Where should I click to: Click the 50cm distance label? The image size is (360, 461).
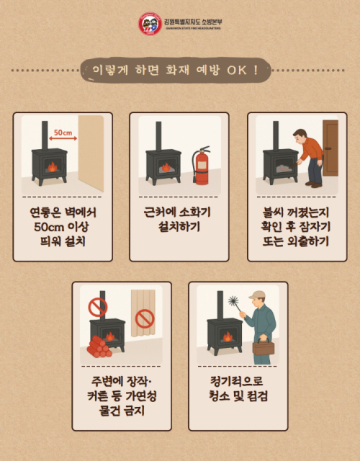(x=63, y=133)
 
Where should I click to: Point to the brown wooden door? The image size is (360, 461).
(x=330, y=148)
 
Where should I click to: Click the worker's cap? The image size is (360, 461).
(x=257, y=294)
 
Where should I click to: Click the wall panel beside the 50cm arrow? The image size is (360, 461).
(x=91, y=151)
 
